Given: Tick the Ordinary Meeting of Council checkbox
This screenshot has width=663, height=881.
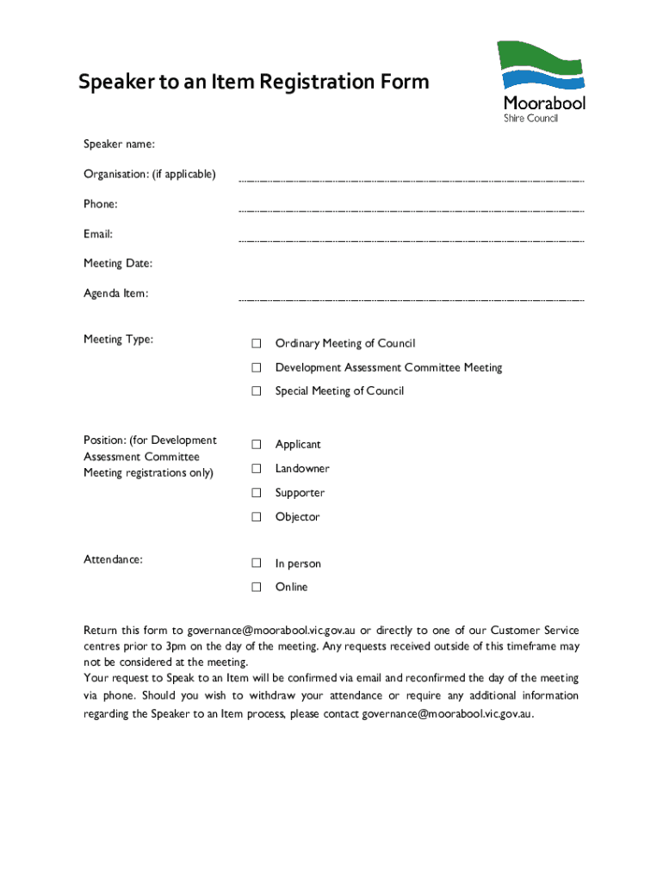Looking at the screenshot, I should pyautogui.click(x=256, y=344).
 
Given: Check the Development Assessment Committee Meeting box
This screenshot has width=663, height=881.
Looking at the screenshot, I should pyautogui.click(x=256, y=368).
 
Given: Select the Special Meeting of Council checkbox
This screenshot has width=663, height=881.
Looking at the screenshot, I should pyautogui.click(x=256, y=391).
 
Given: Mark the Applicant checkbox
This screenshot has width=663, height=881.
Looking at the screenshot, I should pyautogui.click(x=256, y=445).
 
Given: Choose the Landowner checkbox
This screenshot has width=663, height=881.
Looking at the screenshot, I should pyautogui.click(x=256, y=469).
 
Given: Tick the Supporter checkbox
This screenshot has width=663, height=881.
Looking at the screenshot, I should pyautogui.click(x=256, y=493).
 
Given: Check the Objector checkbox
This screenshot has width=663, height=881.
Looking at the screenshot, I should pyautogui.click(x=256, y=517).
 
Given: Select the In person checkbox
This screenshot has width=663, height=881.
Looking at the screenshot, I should pyautogui.click(x=256, y=564).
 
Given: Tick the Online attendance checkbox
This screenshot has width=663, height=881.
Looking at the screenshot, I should pyautogui.click(x=256, y=588).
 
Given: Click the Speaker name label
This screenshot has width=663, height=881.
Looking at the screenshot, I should pyautogui.click(x=119, y=144).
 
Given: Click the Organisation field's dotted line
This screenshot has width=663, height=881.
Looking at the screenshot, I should pyautogui.click(x=411, y=182).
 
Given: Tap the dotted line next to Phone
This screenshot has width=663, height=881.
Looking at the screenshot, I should pyautogui.click(x=411, y=212).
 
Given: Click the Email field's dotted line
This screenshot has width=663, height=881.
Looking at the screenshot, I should pyautogui.click(x=411, y=242).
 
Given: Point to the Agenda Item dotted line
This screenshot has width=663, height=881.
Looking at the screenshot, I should pyautogui.click(x=411, y=301).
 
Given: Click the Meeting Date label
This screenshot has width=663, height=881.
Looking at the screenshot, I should pyautogui.click(x=118, y=263).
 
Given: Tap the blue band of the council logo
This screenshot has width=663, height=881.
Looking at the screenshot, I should pyautogui.click(x=543, y=80).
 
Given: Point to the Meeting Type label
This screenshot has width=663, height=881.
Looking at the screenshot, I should pyautogui.click(x=119, y=339).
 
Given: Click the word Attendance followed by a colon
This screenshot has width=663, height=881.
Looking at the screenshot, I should pyautogui.click(x=113, y=559).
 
